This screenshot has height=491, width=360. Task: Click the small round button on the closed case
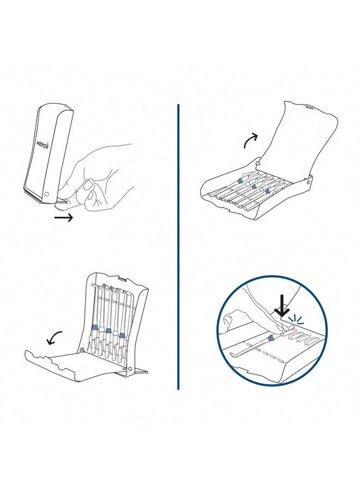click(x=47, y=194)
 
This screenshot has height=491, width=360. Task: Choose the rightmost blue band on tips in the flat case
click(x=267, y=192)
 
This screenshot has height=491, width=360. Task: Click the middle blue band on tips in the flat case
click(x=254, y=187)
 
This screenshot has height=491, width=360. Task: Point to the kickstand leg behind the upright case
click(x=140, y=371)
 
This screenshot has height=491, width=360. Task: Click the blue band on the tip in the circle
click(x=271, y=338)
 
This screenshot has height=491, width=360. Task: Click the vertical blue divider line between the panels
click(x=178, y=245)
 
